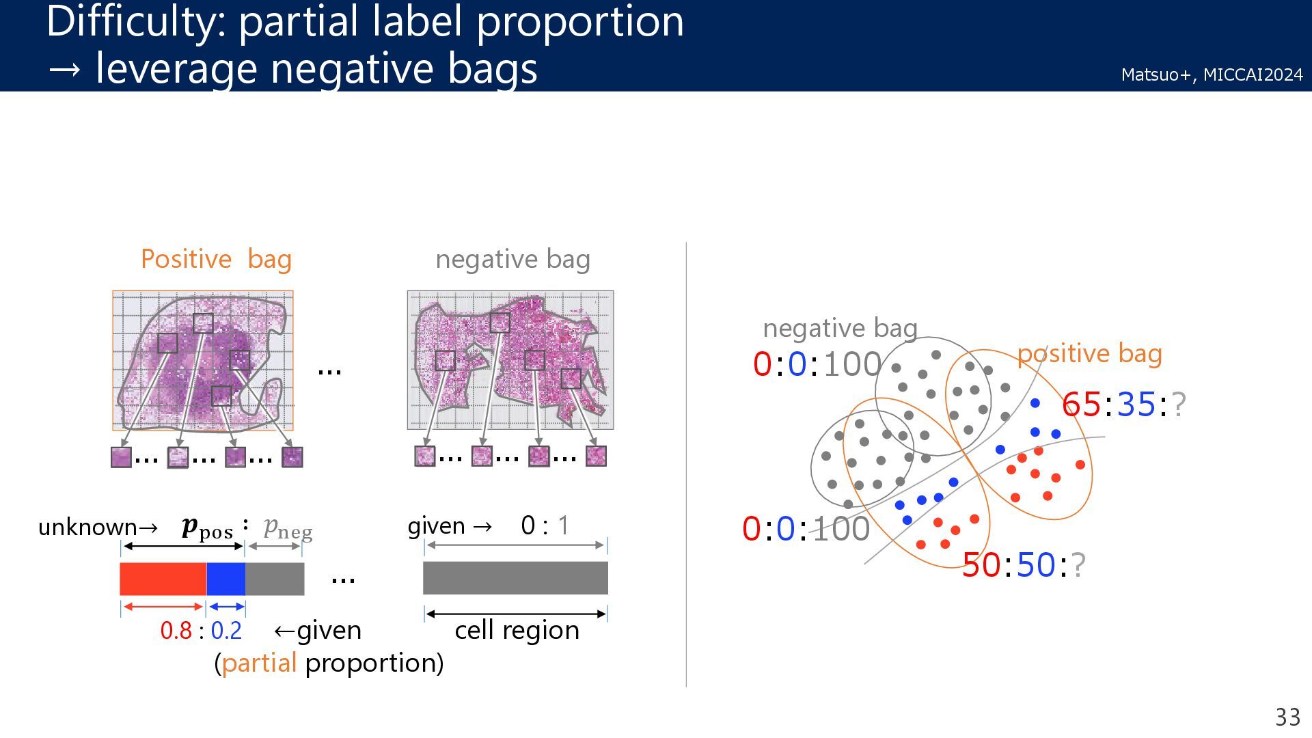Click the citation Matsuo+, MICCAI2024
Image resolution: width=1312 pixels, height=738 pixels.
click(1212, 74)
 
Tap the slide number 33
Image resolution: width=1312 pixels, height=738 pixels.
click(1287, 717)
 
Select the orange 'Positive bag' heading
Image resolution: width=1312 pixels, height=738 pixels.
click(216, 259)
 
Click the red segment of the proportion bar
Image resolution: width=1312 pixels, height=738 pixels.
click(163, 579)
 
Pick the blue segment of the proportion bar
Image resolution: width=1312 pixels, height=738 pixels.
click(225, 579)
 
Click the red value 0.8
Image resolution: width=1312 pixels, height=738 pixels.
click(176, 631)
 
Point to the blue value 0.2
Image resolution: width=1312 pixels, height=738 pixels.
click(226, 631)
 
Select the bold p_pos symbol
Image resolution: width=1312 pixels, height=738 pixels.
click(207, 528)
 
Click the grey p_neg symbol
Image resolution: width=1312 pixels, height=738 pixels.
click(288, 528)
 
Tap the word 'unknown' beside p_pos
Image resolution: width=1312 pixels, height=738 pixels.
click(87, 528)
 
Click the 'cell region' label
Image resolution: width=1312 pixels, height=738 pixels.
click(517, 630)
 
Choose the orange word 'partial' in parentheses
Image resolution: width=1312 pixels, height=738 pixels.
click(259, 663)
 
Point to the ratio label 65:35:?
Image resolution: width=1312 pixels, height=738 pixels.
click(1123, 405)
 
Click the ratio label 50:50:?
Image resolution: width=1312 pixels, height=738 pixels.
click(1023, 565)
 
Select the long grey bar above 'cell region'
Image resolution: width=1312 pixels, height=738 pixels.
click(515, 578)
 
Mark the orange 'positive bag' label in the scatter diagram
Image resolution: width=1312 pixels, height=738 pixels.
click(1089, 354)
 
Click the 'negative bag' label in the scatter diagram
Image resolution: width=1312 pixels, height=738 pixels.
click(840, 329)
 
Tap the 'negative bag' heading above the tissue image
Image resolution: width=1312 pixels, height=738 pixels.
click(512, 260)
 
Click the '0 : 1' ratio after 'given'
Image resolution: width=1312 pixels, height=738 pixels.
click(545, 525)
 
